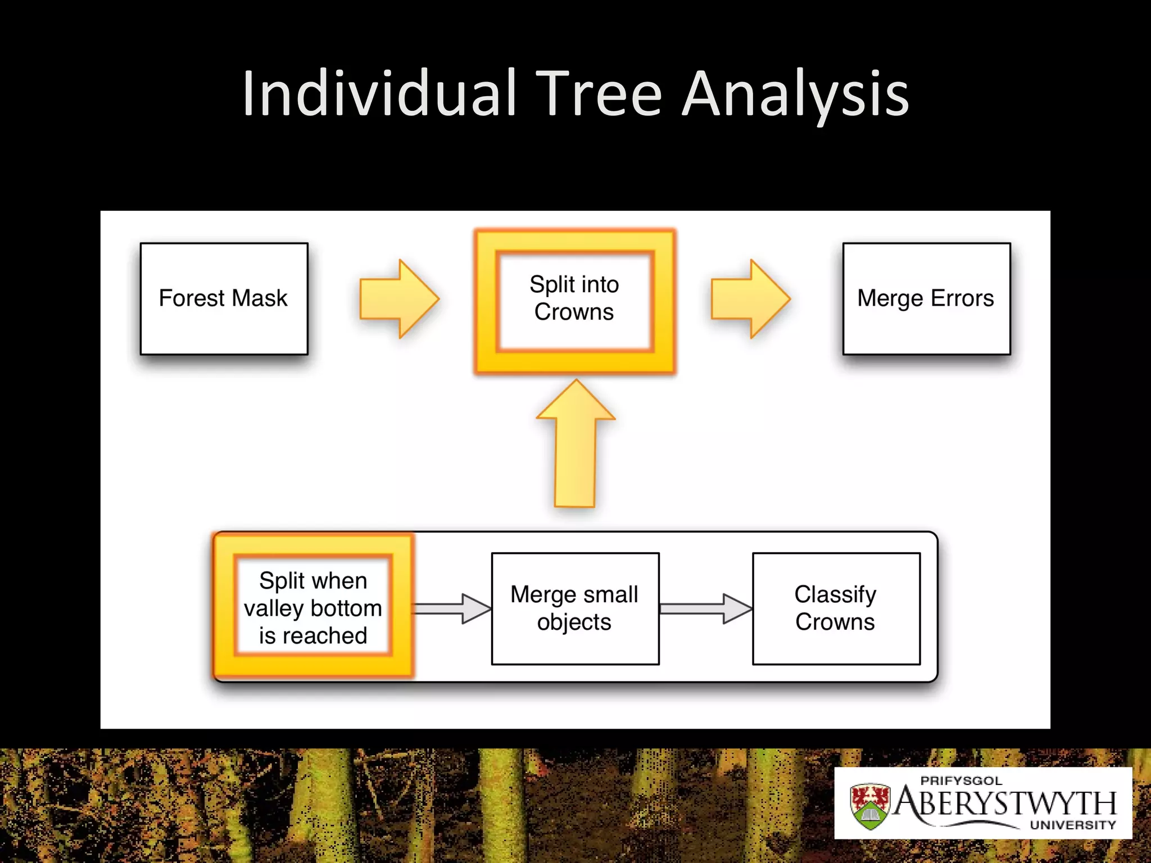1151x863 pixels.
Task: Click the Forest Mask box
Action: click(x=224, y=298)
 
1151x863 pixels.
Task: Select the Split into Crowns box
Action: click(x=574, y=299)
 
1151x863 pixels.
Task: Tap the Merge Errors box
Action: click(x=926, y=298)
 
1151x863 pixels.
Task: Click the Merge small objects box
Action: click(x=575, y=608)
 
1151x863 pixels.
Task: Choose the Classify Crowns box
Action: click(x=836, y=608)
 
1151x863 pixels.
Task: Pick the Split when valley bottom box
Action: click(x=313, y=607)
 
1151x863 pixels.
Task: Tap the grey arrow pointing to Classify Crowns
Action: click(x=706, y=608)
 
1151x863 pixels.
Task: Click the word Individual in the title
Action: click(x=379, y=93)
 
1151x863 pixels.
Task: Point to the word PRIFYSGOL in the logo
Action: click(x=961, y=781)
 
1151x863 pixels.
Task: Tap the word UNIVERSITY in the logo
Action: click(x=1072, y=825)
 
